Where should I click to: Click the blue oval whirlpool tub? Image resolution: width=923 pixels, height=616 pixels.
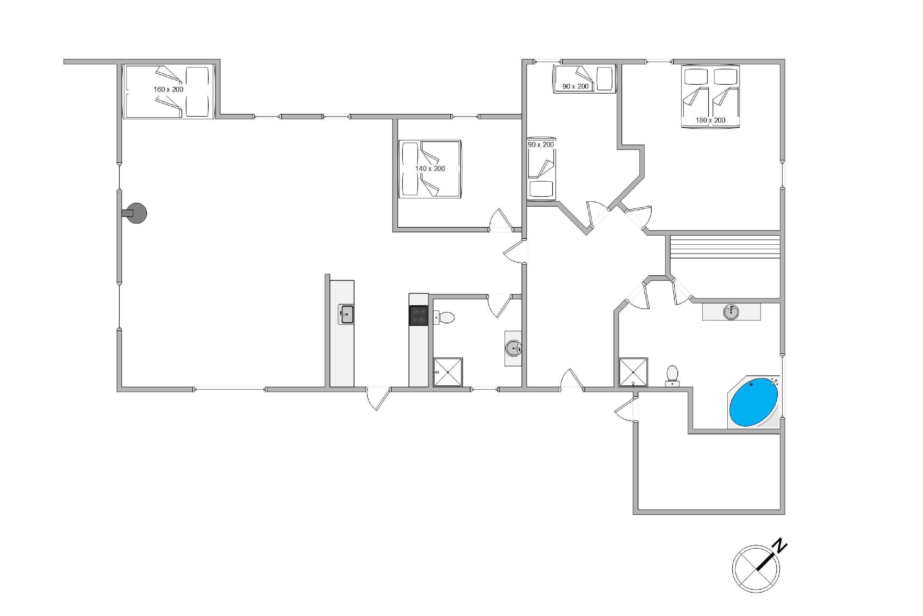pyautogui.click(x=753, y=402)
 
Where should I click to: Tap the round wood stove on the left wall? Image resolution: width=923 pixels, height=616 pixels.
pyautogui.click(x=136, y=213)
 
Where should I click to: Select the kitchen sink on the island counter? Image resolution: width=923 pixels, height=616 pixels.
pyautogui.click(x=346, y=314)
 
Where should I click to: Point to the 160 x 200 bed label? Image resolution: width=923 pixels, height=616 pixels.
pyautogui.click(x=168, y=89)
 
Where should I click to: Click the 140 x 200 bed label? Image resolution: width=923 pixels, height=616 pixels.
pyautogui.click(x=430, y=168)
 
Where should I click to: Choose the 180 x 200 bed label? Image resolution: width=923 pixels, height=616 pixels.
pyautogui.click(x=711, y=120)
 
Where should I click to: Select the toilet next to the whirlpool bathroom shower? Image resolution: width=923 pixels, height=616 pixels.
pyautogui.click(x=672, y=376)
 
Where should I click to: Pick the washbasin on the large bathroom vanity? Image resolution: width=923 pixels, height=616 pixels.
pyautogui.click(x=731, y=312)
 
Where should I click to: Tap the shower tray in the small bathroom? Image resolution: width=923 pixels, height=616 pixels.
pyautogui.click(x=448, y=372)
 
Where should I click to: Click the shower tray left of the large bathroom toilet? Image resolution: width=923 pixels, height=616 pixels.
pyautogui.click(x=633, y=372)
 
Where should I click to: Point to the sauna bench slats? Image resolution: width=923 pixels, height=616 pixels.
pyautogui.click(x=725, y=246)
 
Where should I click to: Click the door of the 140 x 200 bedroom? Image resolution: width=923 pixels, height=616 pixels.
pyautogui.click(x=501, y=220)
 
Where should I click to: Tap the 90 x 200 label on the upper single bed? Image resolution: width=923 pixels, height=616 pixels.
pyautogui.click(x=575, y=87)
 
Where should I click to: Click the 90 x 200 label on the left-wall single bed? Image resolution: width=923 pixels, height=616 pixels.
pyautogui.click(x=541, y=144)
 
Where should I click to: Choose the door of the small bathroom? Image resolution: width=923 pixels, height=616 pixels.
pyautogui.click(x=499, y=306)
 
